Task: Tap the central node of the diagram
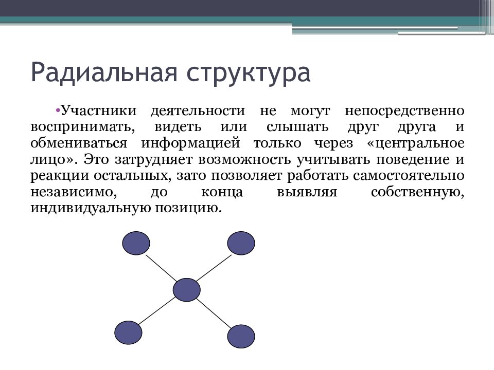pos(186,290)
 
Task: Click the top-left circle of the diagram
pos(136,243)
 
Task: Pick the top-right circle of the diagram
pos(241,243)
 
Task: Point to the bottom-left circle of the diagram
pos(128,332)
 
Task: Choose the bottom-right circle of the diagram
pos(241,337)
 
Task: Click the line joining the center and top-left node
pos(161,267)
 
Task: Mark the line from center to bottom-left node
pos(156,312)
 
